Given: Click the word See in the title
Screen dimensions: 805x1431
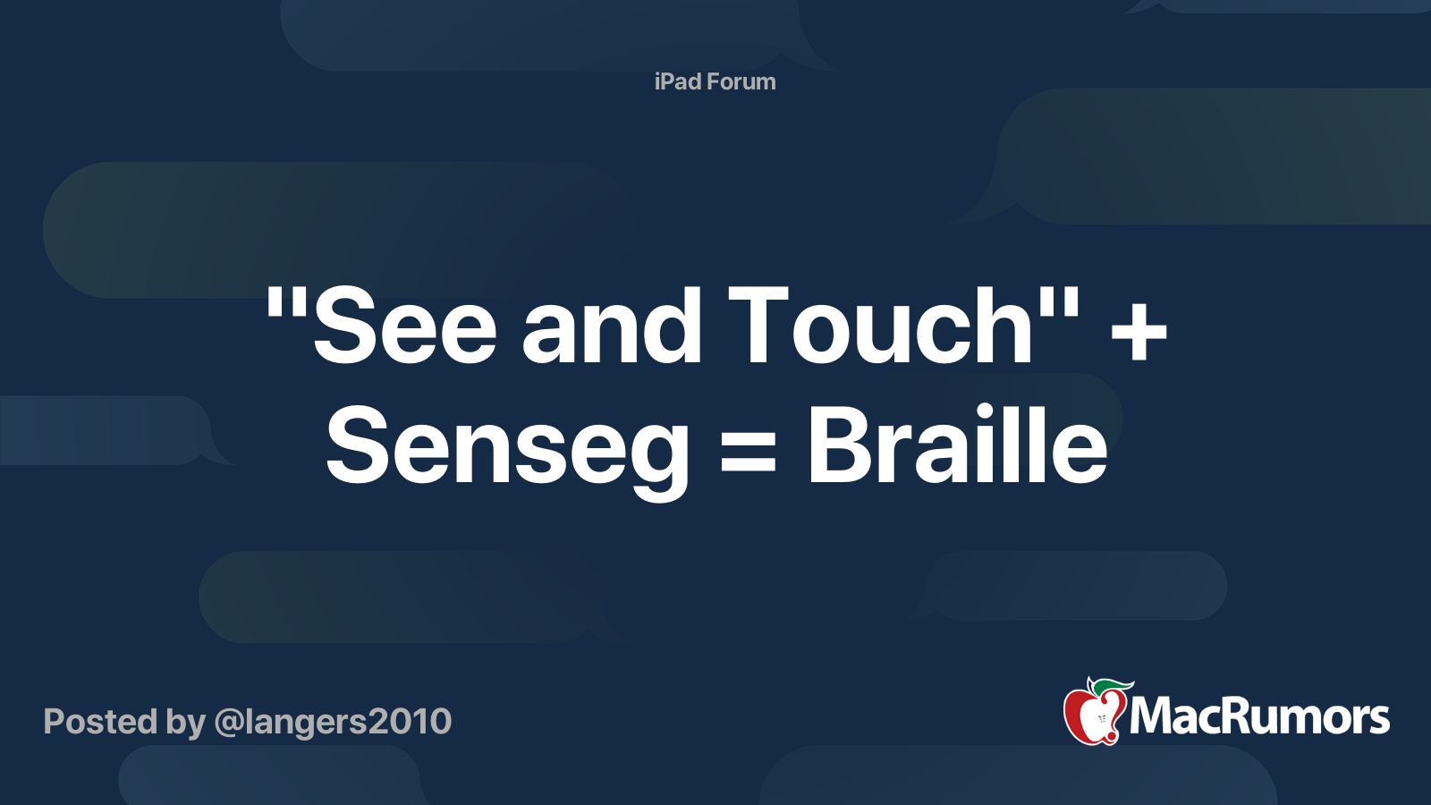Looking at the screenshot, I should click(404, 326).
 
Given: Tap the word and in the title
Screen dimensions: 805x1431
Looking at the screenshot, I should click(613, 326).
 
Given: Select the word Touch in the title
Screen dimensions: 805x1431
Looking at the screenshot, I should click(881, 326).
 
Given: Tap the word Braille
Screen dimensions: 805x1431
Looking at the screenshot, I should click(957, 445).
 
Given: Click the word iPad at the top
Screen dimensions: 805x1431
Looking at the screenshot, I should click(678, 81).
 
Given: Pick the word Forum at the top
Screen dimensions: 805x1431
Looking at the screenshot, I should click(741, 81).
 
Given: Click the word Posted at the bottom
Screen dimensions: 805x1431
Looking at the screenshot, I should click(101, 721).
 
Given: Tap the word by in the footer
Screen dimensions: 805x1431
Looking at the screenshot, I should click(186, 723).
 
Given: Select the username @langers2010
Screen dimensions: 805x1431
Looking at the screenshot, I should click(333, 721).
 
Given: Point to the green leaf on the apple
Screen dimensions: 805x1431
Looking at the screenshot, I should click(1112, 686).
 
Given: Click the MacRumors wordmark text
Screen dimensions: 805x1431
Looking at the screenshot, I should click(1259, 716).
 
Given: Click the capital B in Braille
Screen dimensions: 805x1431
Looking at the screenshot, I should click(841, 445).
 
